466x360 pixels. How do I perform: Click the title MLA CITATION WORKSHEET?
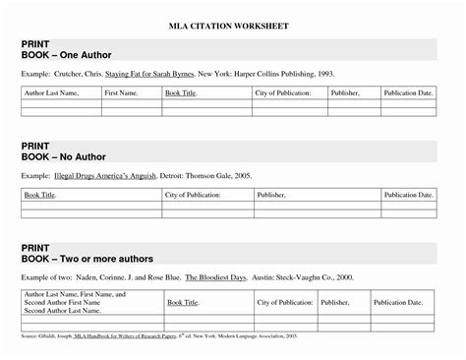[233, 22]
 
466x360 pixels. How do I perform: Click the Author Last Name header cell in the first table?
[55, 91]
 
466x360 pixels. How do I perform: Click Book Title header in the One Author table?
[182, 91]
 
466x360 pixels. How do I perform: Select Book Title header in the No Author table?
[40, 196]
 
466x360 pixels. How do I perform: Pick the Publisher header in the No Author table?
[270, 196]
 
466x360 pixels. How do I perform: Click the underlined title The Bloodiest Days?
[214, 278]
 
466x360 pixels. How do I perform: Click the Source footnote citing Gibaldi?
[177, 337]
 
